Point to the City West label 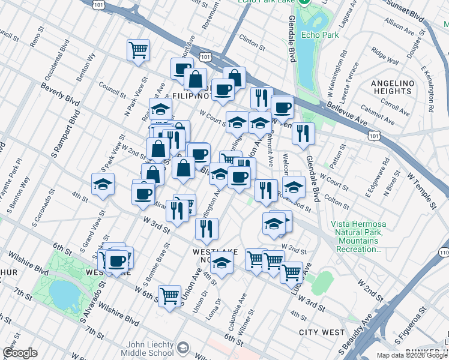(322, 332)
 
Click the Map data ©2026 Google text (412, 355)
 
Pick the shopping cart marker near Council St (138, 50)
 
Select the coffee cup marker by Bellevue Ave (282, 107)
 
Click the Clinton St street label (252, 43)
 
